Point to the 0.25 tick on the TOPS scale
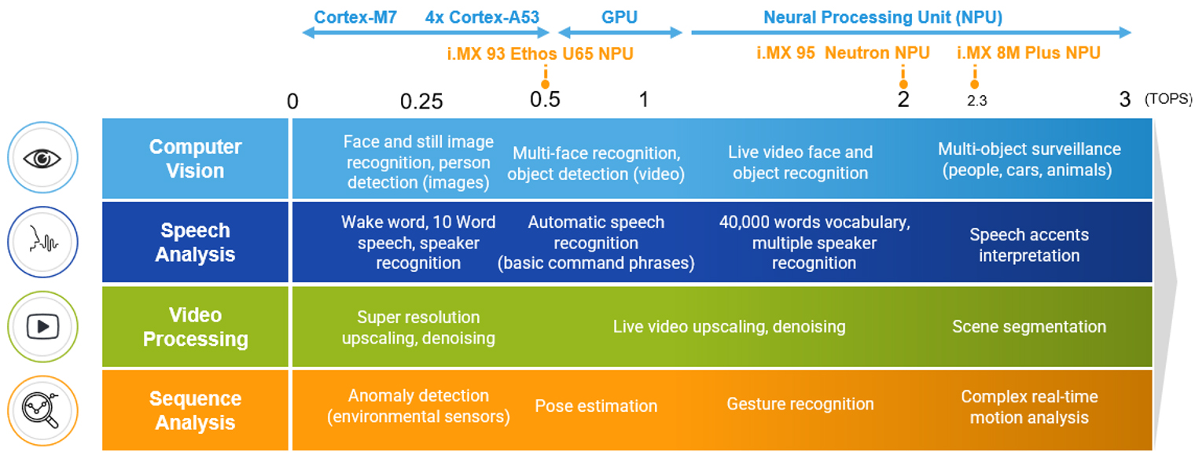pyautogui.click(x=421, y=101)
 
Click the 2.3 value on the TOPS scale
pyautogui.click(x=976, y=101)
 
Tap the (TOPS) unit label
pyautogui.click(x=1168, y=100)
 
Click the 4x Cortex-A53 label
pyautogui.click(x=482, y=17)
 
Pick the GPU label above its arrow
pyautogui.click(x=620, y=17)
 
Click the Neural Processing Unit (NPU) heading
pyautogui.click(x=882, y=17)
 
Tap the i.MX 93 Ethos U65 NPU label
pyautogui.click(x=539, y=53)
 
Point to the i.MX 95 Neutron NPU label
pyautogui.click(x=843, y=53)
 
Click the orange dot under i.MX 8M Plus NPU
pyautogui.click(x=975, y=84)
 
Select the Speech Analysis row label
pyautogui.click(x=195, y=243)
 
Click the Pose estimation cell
pyautogui.click(x=596, y=406)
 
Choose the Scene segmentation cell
pyautogui.click(x=1028, y=327)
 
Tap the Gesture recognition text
pyautogui.click(x=800, y=405)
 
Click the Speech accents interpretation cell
pyautogui.click(x=1028, y=245)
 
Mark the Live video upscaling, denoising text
pyautogui.click(x=729, y=327)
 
